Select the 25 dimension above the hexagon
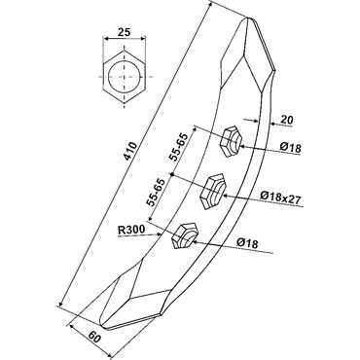tap(124, 32)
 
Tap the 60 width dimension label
tap(93, 337)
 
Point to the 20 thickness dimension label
tap(286, 120)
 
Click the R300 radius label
tap(131, 231)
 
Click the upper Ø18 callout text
tap(291, 148)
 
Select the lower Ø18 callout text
tap(247, 243)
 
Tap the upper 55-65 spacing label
tap(179, 147)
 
